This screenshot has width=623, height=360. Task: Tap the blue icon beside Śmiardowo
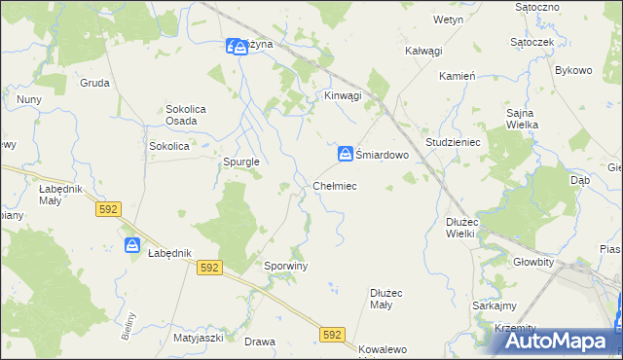point(346,155)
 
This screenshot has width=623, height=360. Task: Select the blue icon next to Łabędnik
point(133,245)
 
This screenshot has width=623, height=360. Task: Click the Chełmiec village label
point(335,185)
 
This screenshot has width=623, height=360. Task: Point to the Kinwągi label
point(343,95)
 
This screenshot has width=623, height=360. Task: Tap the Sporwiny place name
point(286,265)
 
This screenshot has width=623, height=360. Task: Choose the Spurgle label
point(240,162)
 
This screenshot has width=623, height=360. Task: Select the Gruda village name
point(94,83)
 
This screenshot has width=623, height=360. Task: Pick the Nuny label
point(28,99)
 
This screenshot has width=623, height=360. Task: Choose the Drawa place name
point(260,342)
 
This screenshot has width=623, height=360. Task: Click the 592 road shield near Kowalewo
point(333,334)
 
